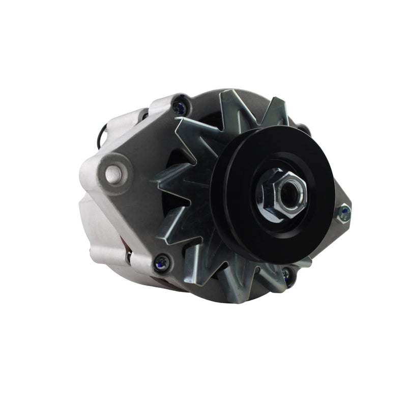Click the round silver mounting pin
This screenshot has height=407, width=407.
113,174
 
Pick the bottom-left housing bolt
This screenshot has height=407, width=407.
162,263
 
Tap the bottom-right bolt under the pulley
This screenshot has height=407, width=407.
287,275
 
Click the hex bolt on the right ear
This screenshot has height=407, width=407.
344,213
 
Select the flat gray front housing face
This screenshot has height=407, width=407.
137,214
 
